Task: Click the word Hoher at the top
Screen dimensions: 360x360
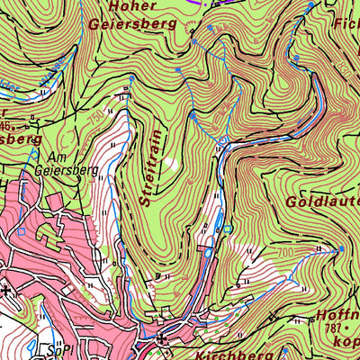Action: pos(128,6)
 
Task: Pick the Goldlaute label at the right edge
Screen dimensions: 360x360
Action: pos(322,202)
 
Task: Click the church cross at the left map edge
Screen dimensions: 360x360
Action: pos(6,290)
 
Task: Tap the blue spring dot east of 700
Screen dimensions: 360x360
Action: pos(342,248)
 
